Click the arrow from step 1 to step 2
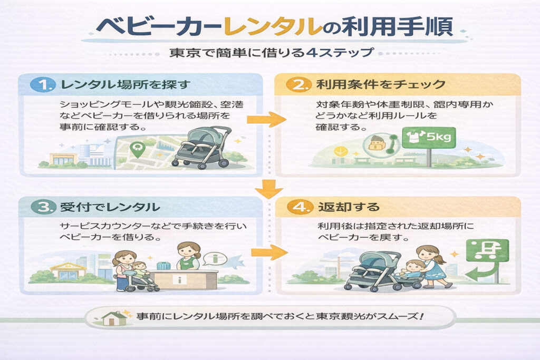pyautogui.click(x=269, y=120)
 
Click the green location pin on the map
pyautogui.click(x=138, y=150)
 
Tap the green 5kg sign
pyautogui.click(x=428, y=138)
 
